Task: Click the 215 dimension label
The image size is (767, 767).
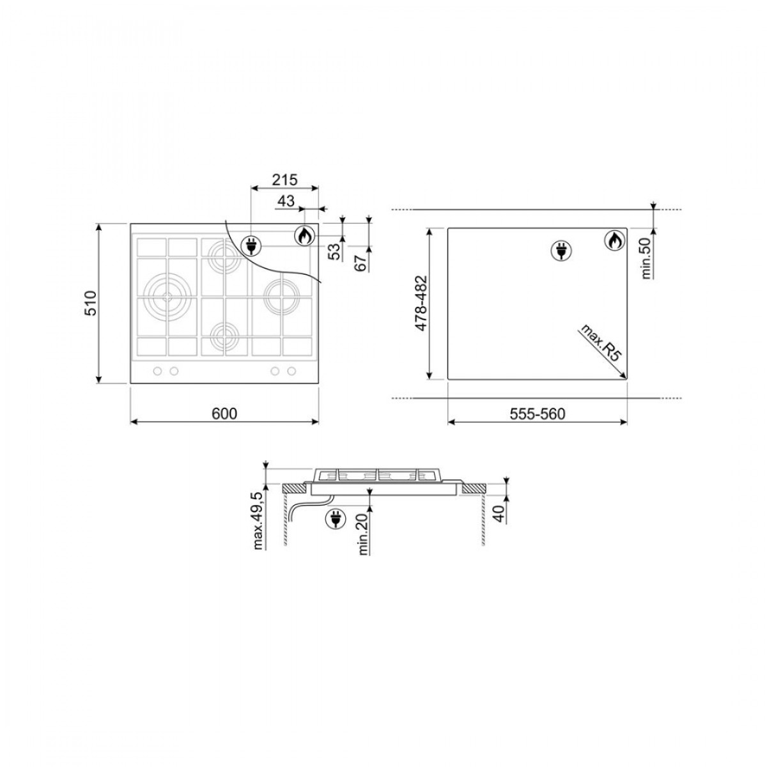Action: pyautogui.click(x=284, y=180)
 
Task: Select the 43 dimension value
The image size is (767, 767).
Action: pyautogui.click(x=286, y=201)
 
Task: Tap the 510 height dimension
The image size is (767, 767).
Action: pyautogui.click(x=91, y=304)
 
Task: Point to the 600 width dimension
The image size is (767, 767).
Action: pyautogui.click(x=224, y=414)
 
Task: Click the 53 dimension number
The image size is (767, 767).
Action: pyautogui.click(x=337, y=252)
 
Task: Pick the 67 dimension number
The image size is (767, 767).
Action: pyautogui.click(x=360, y=263)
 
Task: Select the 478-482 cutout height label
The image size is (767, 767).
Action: pyautogui.click(x=421, y=304)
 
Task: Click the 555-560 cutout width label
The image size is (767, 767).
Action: pyautogui.click(x=538, y=414)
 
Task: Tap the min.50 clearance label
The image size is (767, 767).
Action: pyautogui.click(x=647, y=258)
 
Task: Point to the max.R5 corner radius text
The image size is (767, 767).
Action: pyautogui.click(x=601, y=342)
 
